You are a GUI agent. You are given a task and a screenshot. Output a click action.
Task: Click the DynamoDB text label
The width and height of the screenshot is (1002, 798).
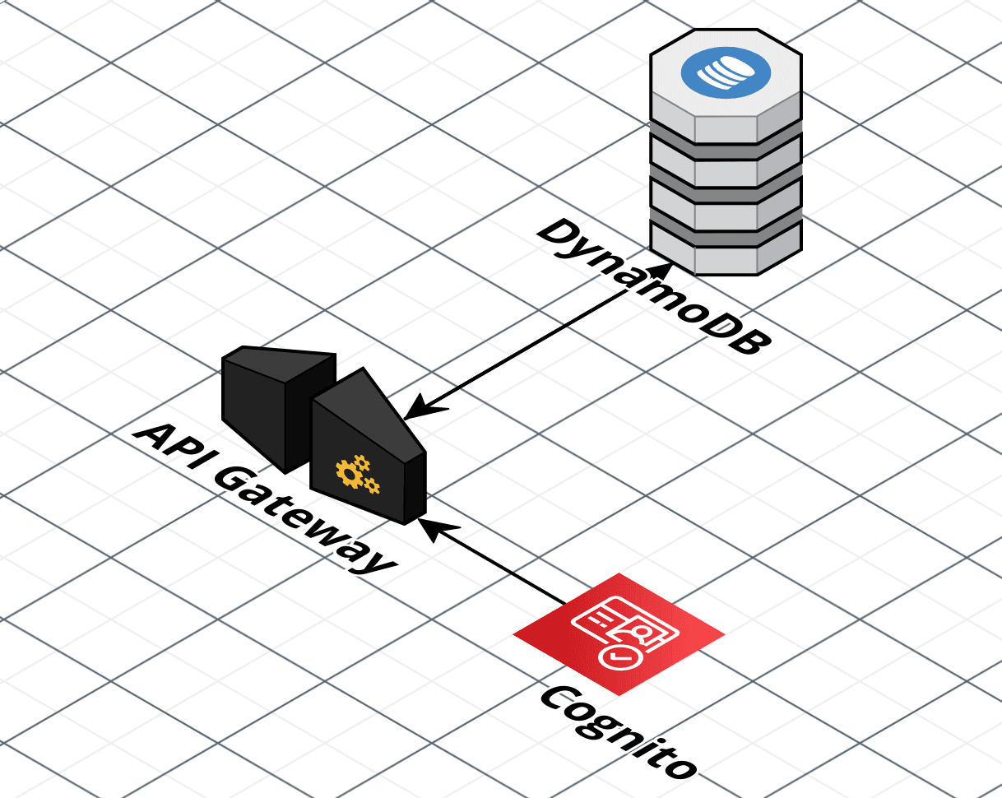coord(655,287)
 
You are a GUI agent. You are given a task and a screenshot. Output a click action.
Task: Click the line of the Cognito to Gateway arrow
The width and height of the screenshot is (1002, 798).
coord(502,568)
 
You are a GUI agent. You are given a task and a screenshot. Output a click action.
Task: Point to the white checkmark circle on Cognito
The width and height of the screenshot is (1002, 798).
coord(618,656)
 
